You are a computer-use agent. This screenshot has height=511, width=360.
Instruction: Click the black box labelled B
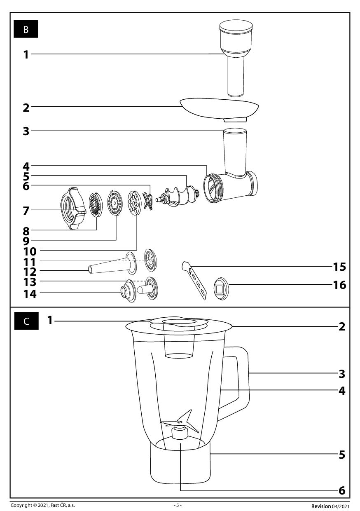[26, 30]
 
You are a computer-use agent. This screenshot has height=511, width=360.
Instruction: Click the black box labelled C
[26, 321]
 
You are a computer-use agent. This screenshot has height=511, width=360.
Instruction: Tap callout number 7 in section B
[26, 211]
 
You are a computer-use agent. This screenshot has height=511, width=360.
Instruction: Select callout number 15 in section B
[339, 267]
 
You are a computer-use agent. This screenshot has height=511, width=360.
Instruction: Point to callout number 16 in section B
[339, 285]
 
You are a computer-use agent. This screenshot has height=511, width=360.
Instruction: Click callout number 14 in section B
[30, 293]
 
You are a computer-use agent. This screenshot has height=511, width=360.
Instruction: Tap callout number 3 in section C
[341, 374]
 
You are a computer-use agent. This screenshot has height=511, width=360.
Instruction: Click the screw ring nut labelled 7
[72, 209]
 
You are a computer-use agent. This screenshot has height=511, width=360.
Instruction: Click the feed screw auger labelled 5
[178, 196]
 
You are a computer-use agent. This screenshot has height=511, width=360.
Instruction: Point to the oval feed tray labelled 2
[219, 108]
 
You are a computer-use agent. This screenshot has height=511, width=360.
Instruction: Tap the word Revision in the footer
[320, 506]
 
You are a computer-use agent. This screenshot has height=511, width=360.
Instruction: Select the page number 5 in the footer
[178, 505]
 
